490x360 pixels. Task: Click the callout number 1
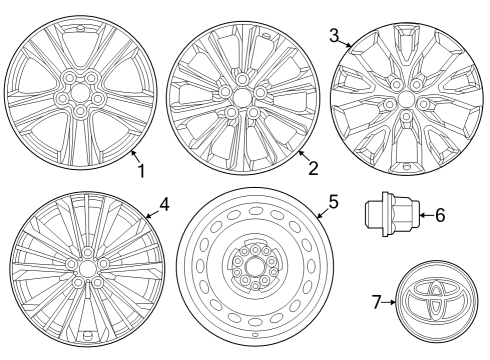[x=141, y=172]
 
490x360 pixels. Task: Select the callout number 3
[x=333, y=35]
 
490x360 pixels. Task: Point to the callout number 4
[x=164, y=203]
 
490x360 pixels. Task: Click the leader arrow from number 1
[x=133, y=155]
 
